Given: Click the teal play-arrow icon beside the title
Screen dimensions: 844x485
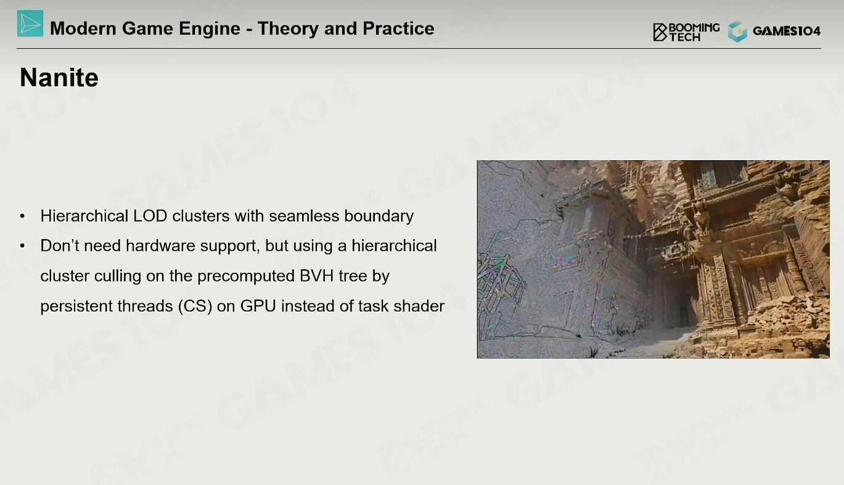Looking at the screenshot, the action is coord(30,23).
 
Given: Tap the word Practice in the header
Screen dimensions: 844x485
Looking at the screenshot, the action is coord(398,28).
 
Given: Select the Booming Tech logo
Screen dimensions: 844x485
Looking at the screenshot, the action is coord(686,32).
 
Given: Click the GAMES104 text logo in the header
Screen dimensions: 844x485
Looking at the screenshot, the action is coord(786,31).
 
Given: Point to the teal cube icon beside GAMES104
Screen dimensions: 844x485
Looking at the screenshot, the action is coord(737,31).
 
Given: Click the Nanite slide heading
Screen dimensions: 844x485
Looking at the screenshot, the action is coord(59,78).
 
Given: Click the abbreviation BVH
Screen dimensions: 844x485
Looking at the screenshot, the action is coord(316,276).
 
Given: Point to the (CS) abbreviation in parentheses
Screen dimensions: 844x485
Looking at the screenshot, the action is coord(195,306).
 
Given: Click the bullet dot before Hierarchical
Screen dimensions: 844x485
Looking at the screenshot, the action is coord(23,216).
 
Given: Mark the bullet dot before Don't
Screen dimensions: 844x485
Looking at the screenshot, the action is coord(23,246).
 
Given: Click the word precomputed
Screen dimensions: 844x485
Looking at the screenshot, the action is coord(245,276).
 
